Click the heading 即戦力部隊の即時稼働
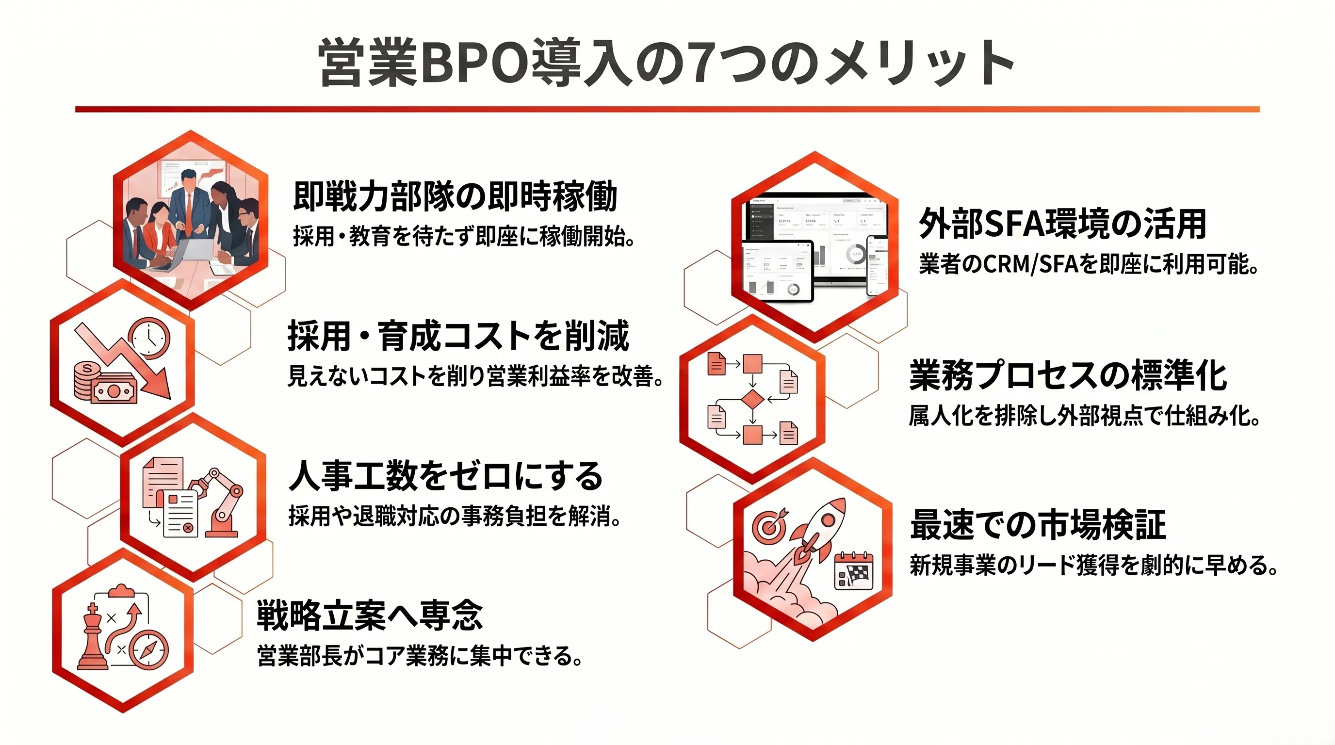click(455, 196)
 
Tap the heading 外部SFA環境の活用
click(1062, 224)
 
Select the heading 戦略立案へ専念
click(370, 615)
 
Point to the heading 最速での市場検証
click(1038, 524)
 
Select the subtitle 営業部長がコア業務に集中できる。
click(419, 655)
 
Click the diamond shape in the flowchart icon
click(752, 400)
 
